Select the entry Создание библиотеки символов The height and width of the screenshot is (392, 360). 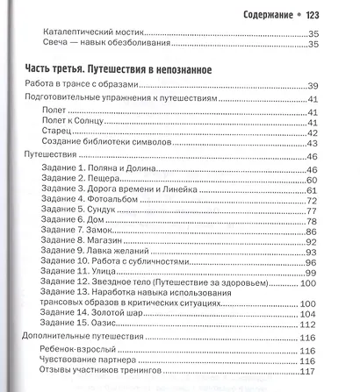pyautogui.click(x=104, y=143)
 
